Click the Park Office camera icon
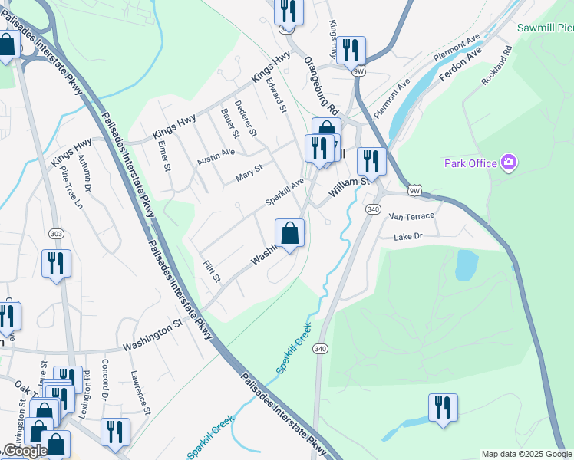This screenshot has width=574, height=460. [508, 163]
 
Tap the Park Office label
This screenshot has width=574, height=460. [470, 163]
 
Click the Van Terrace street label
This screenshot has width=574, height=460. [411, 217]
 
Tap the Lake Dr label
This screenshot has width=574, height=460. [408, 238]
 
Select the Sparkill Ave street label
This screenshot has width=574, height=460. [285, 192]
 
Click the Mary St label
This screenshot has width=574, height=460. [249, 172]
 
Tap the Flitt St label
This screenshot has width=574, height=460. [212, 271]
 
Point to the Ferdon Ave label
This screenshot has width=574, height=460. [460, 66]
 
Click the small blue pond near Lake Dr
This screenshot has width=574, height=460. [466, 265]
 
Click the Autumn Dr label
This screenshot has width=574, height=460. [87, 176]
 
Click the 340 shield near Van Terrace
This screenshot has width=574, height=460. [374, 209]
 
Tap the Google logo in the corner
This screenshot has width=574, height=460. [25, 451]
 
